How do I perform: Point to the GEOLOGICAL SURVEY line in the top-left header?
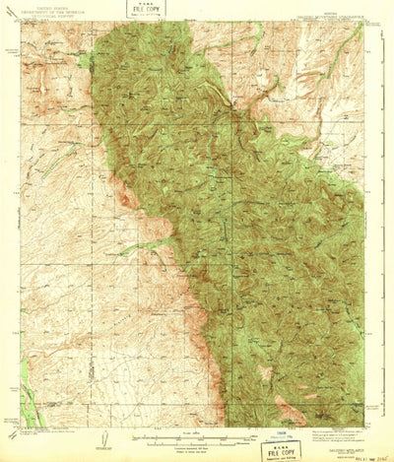(x=52, y=17)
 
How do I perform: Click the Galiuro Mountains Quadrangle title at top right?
(x=330, y=13)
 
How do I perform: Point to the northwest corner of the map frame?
(x=21, y=24)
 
